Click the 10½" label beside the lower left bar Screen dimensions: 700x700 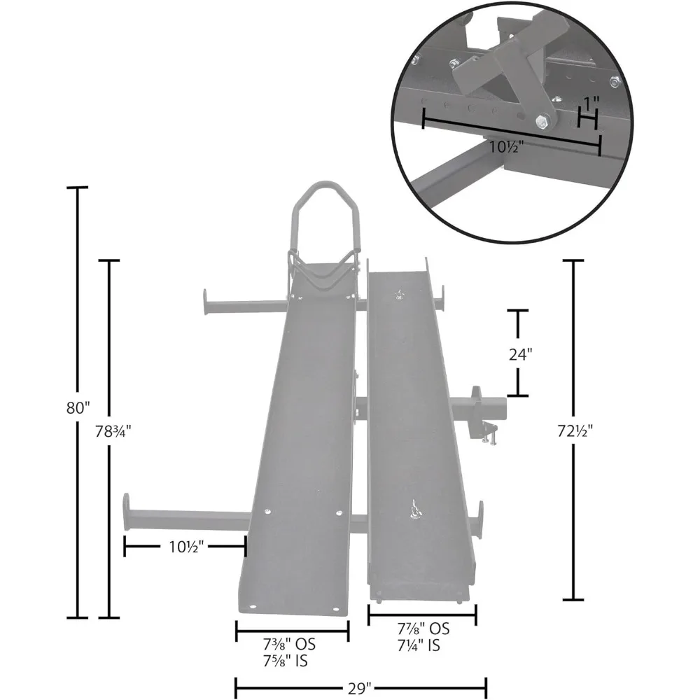pyautogui.click(x=185, y=546)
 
